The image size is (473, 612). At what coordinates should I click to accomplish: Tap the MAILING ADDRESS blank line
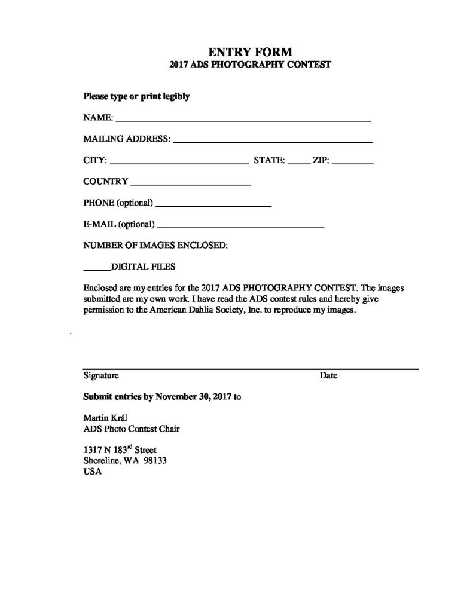(273, 142)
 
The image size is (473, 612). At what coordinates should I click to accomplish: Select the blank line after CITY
(179, 162)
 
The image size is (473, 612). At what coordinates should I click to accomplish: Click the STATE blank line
(298, 162)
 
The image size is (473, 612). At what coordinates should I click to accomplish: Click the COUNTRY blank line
(190, 183)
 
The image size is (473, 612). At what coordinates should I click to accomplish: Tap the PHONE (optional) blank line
(213, 205)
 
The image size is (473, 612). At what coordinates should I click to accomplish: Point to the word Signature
(101, 376)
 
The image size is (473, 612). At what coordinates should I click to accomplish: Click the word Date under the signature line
(328, 376)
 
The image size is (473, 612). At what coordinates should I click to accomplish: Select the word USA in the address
(93, 471)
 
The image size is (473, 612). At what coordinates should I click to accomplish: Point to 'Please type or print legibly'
(136, 96)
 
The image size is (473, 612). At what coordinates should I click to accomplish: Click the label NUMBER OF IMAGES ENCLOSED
(155, 245)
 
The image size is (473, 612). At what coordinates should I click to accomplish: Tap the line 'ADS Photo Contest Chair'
(132, 429)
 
